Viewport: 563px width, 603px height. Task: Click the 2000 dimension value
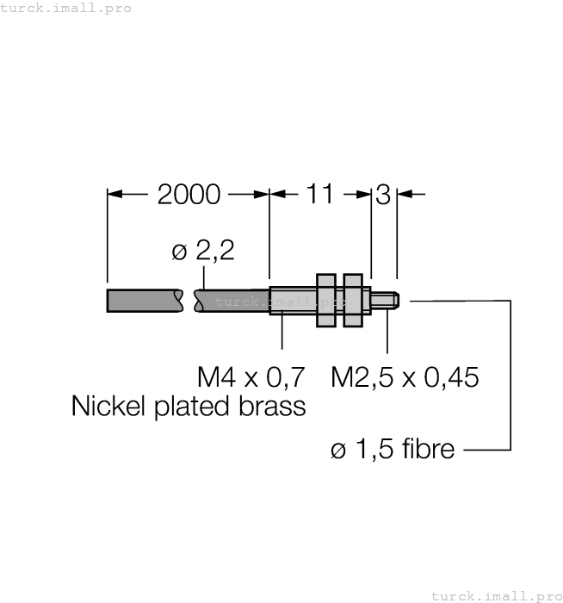pyautogui.click(x=189, y=194)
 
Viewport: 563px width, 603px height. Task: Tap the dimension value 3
pyautogui.click(x=383, y=194)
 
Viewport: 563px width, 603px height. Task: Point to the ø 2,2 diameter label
pyautogui.click(x=203, y=252)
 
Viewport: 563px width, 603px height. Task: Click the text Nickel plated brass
pyautogui.click(x=189, y=405)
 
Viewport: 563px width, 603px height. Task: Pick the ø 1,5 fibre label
pyautogui.click(x=393, y=449)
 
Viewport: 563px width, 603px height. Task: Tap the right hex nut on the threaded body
pyautogui.click(x=352, y=300)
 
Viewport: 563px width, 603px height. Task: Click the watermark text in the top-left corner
pyautogui.click(x=66, y=8)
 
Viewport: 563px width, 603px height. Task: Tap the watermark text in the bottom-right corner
pyautogui.click(x=495, y=595)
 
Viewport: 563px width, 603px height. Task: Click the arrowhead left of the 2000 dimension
pyautogui.click(x=115, y=194)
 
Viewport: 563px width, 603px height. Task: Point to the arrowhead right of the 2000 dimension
pyautogui.click(x=262, y=194)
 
